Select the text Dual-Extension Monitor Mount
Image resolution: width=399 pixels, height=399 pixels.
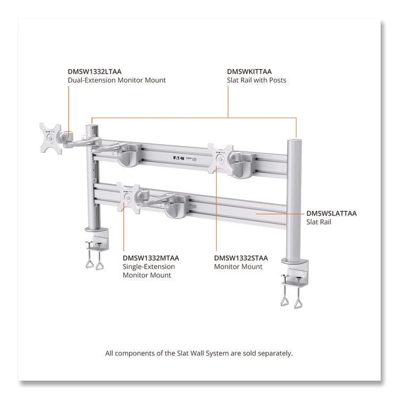pyautogui.click(x=117, y=80)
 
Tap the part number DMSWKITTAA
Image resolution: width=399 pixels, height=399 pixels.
pyautogui.click(x=250, y=71)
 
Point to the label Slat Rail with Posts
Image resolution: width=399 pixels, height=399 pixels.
pyautogui.click(x=256, y=80)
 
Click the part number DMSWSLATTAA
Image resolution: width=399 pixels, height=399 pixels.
pyautogui.click(x=331, y=213)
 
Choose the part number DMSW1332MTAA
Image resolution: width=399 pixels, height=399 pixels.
pyautogui.click(x=151, y=258)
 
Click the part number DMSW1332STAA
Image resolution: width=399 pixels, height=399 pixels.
pyautogui.click(x=241, y=258)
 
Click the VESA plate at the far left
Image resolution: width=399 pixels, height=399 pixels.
pyautogui.click(x=51, y=138)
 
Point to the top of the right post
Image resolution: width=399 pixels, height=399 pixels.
pyautogui.click(x=293, y=141)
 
